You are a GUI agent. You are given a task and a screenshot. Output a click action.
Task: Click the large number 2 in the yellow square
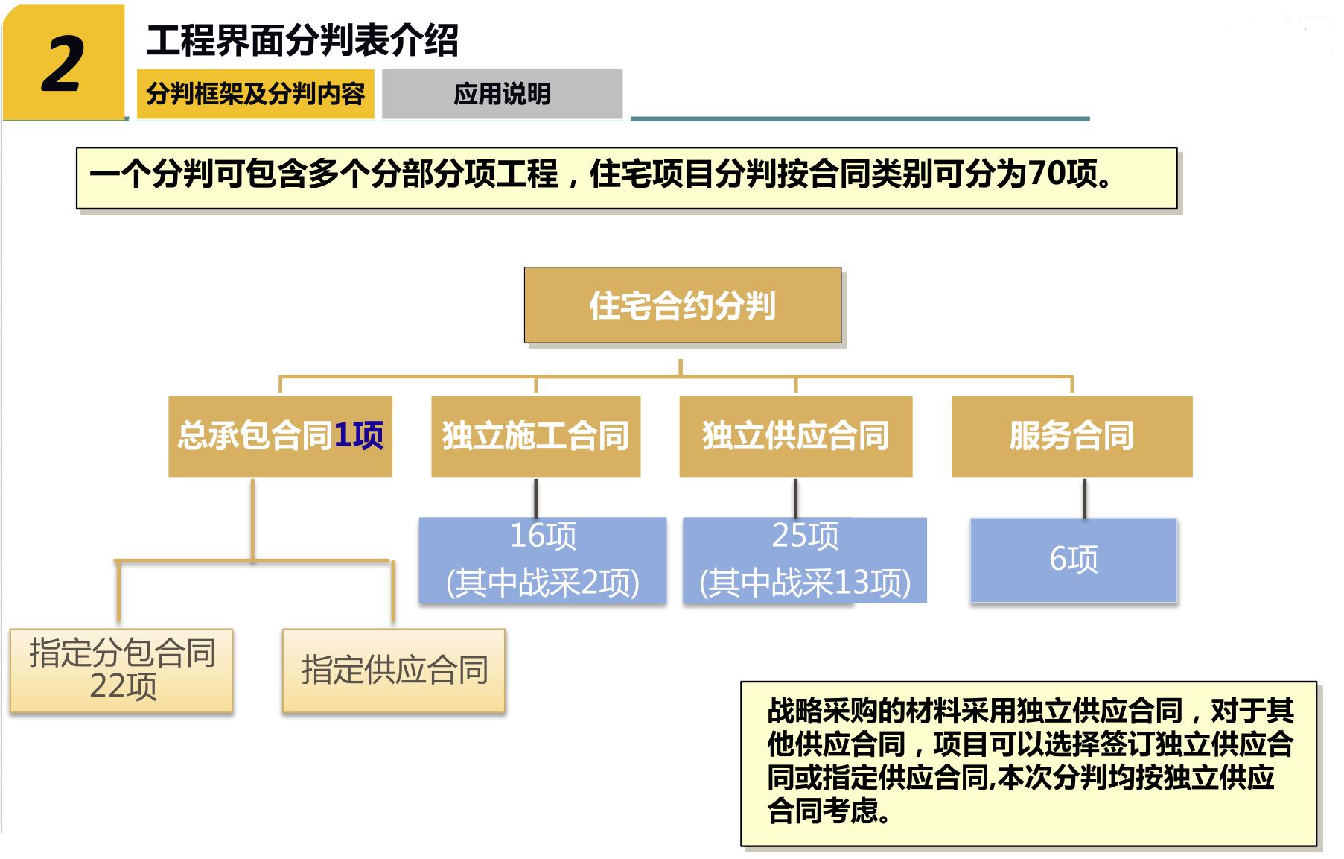tap(63, 65)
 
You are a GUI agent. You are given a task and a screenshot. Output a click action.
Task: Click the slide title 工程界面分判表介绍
tap(302, 40)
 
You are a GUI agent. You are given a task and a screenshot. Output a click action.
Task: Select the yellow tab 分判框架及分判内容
tap(255, 94)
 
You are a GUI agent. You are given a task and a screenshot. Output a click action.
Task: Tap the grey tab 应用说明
tap(502, 94)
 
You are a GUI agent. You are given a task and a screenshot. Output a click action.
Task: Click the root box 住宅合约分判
tap(682, 305)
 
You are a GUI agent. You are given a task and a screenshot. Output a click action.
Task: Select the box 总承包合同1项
tap(280, 436)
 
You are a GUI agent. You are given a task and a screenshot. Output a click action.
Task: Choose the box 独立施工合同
tap(535, 436)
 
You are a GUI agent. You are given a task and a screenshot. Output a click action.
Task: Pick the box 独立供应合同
tap(795, 436)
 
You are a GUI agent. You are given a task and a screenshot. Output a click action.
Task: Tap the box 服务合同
tap(1071, 436)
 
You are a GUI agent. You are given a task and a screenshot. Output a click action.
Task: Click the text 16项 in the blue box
tap(543, 536)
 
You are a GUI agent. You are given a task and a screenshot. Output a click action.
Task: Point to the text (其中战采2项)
tap(543, 583)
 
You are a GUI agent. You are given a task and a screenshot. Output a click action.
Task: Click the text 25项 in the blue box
tap(805, 536)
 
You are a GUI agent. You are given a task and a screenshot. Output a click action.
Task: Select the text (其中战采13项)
tap(805, 583)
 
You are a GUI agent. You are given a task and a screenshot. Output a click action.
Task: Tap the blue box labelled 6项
tap(1073, 560)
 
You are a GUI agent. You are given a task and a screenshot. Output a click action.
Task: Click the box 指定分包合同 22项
tap(122, 670)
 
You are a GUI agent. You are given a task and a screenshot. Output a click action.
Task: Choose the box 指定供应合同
tap(394, 670)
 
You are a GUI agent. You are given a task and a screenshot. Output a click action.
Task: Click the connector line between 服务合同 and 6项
tap(1084, 498)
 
